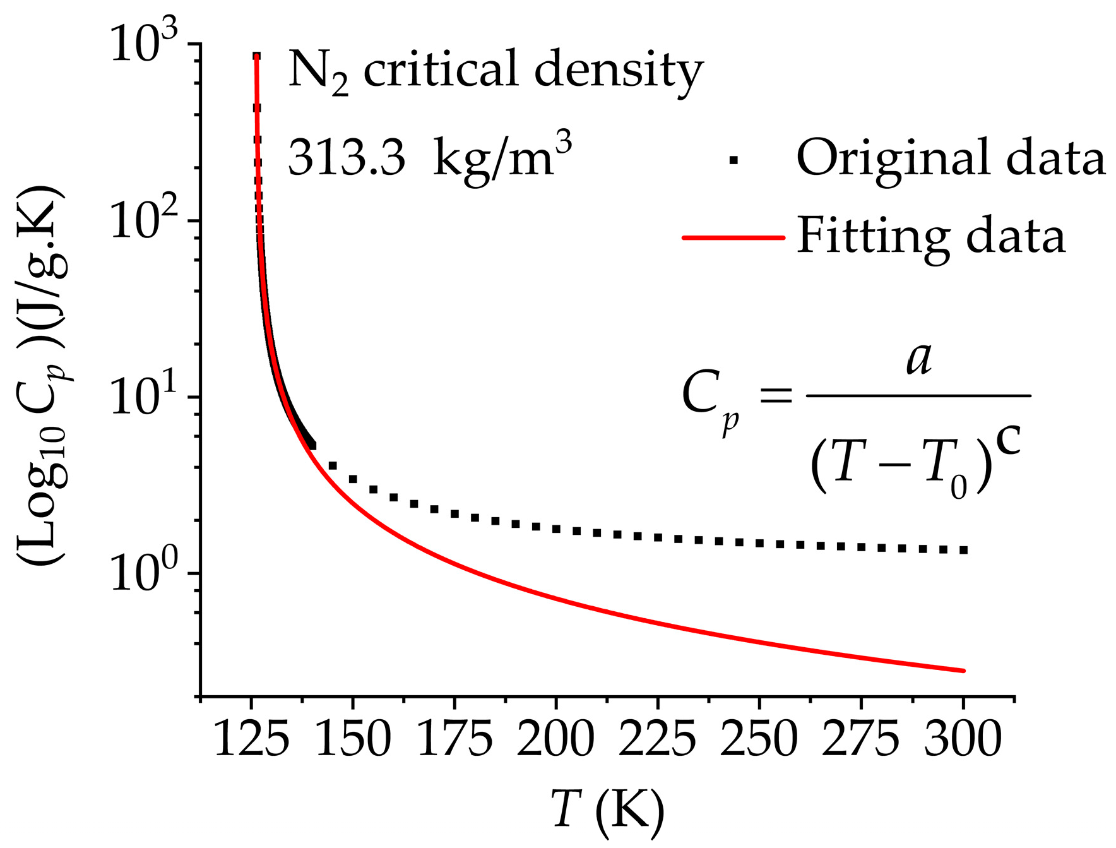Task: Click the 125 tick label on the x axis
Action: [252, 739]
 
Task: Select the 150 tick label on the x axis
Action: [353, 739]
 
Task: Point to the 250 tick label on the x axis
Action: [759, 739]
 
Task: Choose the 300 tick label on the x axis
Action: [963, 739]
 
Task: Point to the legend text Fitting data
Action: [931, 237]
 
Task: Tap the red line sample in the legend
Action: [733, 238]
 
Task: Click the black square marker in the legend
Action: [733, 160]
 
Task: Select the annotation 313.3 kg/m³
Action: [430, 157]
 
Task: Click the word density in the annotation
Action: [619, 71]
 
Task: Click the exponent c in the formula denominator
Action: [1008, 441]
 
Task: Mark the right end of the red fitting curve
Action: [964, 671]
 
